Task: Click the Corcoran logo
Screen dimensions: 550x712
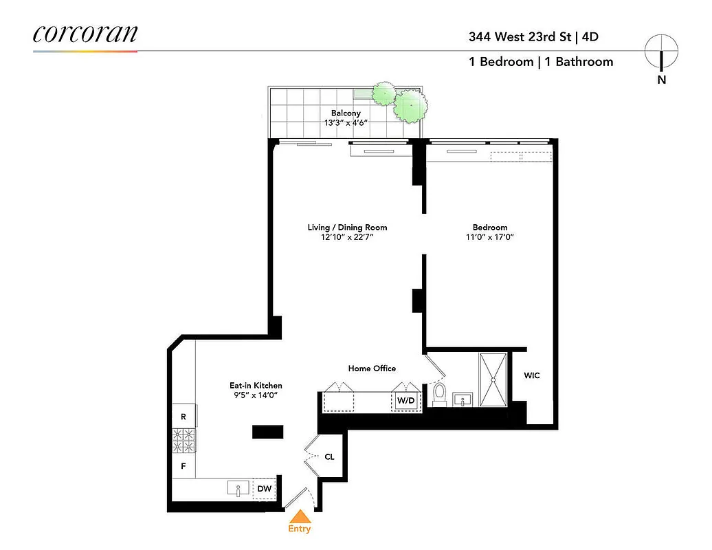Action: coord(85,34)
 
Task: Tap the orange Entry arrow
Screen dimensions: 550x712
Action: coord(300,517)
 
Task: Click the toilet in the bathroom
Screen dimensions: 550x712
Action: coord(441,395)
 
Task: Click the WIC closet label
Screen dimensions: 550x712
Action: coord(532,376)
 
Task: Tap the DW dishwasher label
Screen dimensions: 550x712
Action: coord(264,489)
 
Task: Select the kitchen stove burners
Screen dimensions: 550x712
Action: coord(183,441)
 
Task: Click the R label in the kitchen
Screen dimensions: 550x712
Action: coord(183,417)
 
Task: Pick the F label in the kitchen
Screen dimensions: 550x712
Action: coord(183,465)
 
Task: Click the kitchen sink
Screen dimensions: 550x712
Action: coord(238,489)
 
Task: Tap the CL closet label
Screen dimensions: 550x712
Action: coord(329,456)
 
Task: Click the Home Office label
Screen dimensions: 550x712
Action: coord(372,368)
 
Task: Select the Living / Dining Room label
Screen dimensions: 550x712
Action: coord(347,227)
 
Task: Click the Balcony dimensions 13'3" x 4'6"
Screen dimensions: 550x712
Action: coord(346,123)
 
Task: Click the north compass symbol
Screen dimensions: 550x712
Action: coord(661,52)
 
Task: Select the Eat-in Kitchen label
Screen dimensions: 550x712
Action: coord(256,386)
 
